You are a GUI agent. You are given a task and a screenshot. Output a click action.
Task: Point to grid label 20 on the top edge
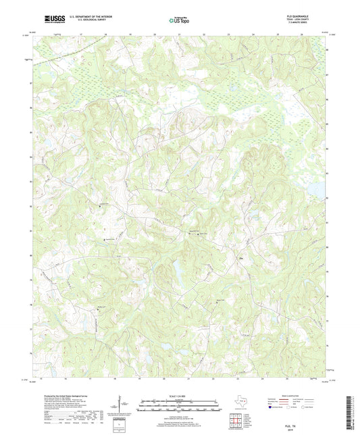[x=154, y=34]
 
